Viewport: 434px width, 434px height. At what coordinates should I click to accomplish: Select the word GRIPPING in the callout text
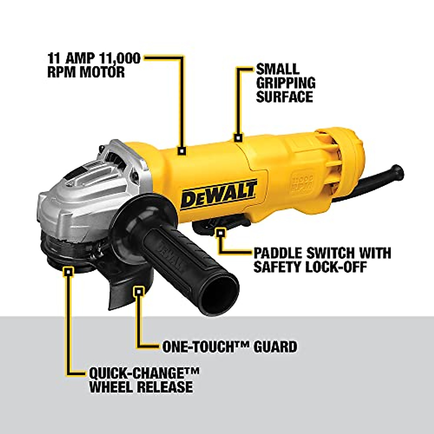point(286,82)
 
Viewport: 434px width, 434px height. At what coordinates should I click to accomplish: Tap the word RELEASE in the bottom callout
point(165,387)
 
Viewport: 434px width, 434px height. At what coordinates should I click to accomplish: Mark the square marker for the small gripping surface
point(238,137)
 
